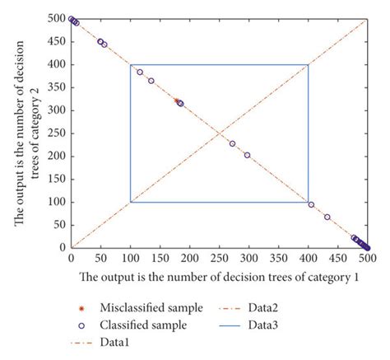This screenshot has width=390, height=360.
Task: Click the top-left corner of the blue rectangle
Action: [x=131, y=64]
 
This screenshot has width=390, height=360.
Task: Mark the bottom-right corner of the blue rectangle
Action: [x=309, y=202]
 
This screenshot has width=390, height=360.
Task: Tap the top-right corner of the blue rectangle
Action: [x=309, y=64]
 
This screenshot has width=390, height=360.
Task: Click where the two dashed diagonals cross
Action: [x=220, y=133]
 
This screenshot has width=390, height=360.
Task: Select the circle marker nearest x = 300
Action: [x=247, y=154]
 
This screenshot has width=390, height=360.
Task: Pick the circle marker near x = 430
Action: [x=327, y=217]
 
